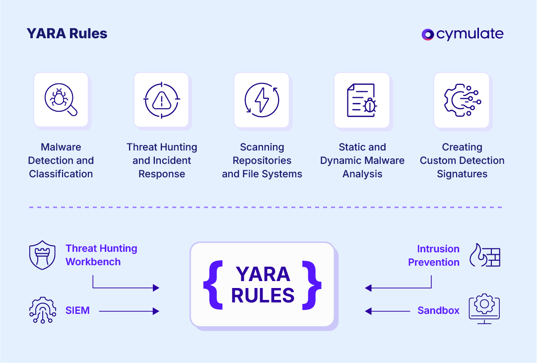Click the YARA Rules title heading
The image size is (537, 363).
tap(67, 34)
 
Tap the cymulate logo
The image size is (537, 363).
tap(462, 34)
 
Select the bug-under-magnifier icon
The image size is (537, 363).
tap(61, 100)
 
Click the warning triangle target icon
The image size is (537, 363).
tap(161, 100)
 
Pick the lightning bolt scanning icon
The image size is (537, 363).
tap(262, 100)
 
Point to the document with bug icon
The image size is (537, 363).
tap(362, 100)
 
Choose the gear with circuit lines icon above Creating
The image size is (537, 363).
tap(462, 100)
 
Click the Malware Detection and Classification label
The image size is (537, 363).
tap(61, 160)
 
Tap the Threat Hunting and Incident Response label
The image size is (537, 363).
tap(162, 160)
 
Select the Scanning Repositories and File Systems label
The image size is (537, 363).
tap(262, 160)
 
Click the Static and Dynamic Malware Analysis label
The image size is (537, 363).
tap(362, 160)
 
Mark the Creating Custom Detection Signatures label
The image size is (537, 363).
tap(462, 160)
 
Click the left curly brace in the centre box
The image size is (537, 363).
tap(212, 285)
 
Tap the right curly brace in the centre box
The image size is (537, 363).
tap(312, 285)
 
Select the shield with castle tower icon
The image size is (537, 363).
tap(42, 256)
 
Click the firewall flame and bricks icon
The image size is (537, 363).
tap(485, 256)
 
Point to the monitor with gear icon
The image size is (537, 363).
tap(484, 309)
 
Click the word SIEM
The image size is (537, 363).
tap(77, 311)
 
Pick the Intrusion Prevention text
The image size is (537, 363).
tap(433, 256)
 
